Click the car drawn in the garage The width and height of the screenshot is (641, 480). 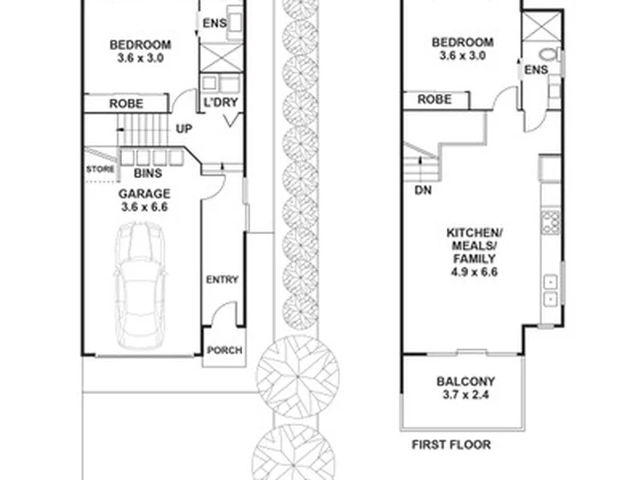pos(140,285)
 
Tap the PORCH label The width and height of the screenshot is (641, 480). pos(224,350)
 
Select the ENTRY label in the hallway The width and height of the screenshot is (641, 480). pos(222,280)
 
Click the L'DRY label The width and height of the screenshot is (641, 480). pos(221,102)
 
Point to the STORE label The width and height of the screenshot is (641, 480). pos(100,169)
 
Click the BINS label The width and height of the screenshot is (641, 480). pos(148,173)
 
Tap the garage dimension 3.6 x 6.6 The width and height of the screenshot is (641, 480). pos(144,207)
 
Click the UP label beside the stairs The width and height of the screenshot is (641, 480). pos(184,129)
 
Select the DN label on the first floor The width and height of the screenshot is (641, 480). pos(423,190)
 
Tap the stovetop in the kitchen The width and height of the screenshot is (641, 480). pos(551,222)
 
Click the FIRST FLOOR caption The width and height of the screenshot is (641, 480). pos(451,444)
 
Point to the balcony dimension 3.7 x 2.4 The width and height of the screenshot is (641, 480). pos(466,395)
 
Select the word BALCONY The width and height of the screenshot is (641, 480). pos(466,381)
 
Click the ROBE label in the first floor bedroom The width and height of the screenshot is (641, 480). pos(434,100)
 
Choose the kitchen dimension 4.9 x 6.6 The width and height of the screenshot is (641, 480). pos(475,272)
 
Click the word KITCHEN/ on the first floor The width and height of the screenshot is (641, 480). pos(475,233)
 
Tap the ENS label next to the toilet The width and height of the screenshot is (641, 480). pos(536,70)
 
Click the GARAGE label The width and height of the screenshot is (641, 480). pos(144,194)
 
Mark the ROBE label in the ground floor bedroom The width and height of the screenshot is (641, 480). pos(126,104)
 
